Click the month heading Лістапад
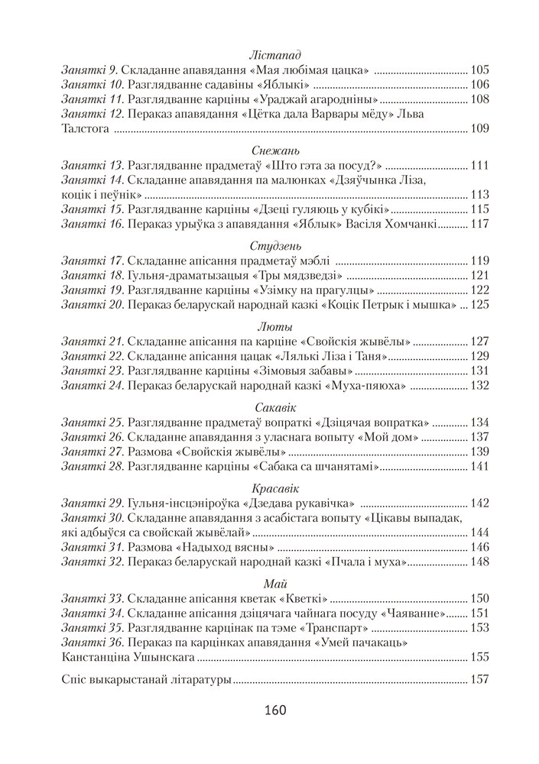[275, 55]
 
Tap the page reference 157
[480, 678]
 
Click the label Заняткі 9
[89, 70]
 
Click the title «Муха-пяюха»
[365, 386]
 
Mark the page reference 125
[480, 305]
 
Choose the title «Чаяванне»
[417, 613]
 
